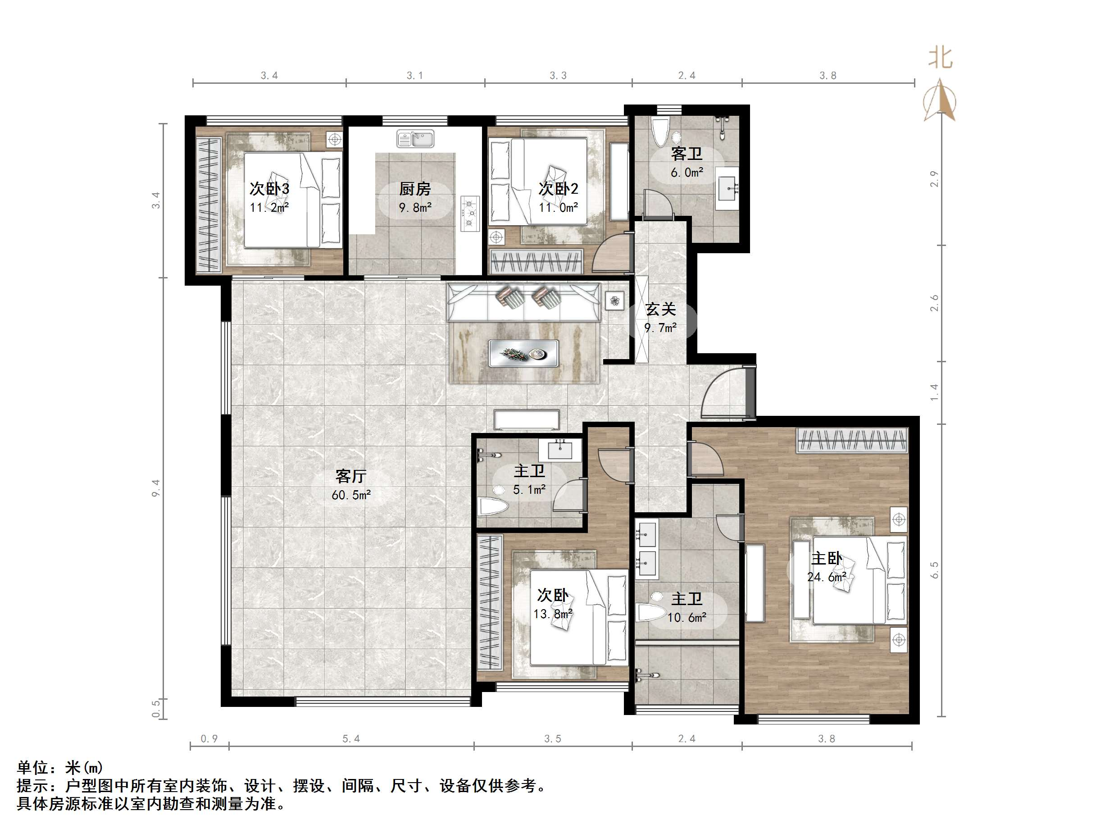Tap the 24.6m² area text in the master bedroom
click(827, 577)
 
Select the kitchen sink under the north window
click(416, 138)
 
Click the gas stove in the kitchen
click(469, 214)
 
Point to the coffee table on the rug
click(523, 353)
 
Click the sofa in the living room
click(523, 302)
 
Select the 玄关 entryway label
click(660, 310)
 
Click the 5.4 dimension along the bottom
click(351, 738)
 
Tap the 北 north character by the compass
click(940, 58)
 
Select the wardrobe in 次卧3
click(208, 205)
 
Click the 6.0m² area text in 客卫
click(687, 173)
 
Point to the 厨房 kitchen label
click(414, 189)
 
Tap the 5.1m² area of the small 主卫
click(529, 490)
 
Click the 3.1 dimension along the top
click(414, 75)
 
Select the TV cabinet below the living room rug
click(527, 419)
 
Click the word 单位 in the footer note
click(32, 767)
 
